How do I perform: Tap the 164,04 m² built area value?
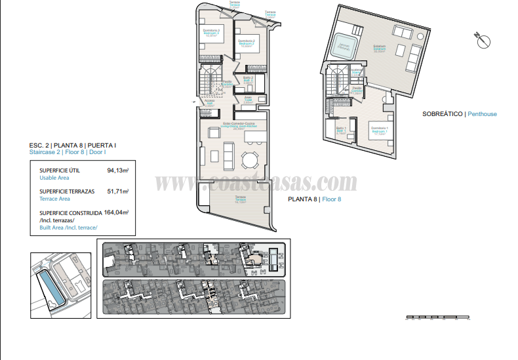pyautogui.click(x=117, y=212)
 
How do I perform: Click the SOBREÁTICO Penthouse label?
pyautogui.click(x=459, y=114)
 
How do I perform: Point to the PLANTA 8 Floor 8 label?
pyautogui.click(x=315, y=199)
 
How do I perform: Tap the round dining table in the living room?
pyautogui.click(x=250, y=160)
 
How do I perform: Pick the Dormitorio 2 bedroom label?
pyautogui.click(x=247, y=43)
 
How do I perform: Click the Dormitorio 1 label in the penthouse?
pyautogui.click(x=379, y=129)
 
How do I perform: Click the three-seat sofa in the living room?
pyautogui.click(x=228, y=154)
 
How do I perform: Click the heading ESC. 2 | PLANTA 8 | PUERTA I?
pyautogui.click(x=73, y=145)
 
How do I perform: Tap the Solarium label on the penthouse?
pyautogui.click(x=379, y=47)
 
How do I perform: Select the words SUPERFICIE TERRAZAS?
pyautogui.click(x=67, y=191)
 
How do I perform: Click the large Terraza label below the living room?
pyautogui.click(x=240, y=199)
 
